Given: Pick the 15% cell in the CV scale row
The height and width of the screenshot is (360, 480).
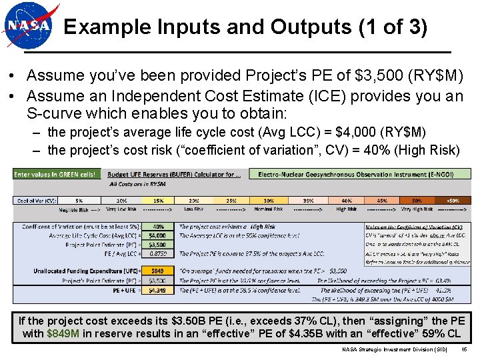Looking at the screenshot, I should click(x=157, y=199).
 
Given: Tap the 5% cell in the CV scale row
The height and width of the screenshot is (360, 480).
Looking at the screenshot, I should click(x=79, y=199).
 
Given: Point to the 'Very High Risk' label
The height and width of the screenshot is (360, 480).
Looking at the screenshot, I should click(x=417, y=209).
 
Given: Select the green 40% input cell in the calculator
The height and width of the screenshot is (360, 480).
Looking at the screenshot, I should click(x=157, y=227).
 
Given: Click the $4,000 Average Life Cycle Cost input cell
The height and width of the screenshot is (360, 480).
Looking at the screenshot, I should click(x=157, y=235).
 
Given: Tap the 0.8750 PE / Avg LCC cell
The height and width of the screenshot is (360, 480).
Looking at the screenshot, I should click(x=157, y=253).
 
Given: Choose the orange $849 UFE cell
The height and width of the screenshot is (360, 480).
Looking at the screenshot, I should click(x=157, y=271).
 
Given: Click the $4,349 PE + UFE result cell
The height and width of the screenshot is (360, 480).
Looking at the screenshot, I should click(x=157, y=290).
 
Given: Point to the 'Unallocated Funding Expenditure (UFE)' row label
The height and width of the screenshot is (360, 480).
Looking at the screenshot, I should click(x=93, y=271).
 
